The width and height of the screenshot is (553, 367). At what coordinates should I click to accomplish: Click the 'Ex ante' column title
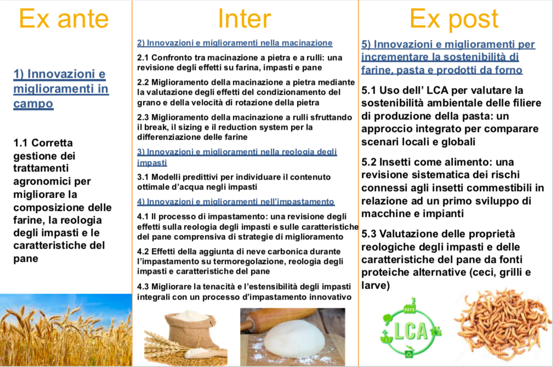(64, 18)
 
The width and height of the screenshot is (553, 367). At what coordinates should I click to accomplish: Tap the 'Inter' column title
(244, 18)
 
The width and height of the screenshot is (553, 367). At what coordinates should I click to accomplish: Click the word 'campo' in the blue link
(33, 104)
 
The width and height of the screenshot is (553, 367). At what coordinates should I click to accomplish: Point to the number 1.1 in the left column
(21, 143)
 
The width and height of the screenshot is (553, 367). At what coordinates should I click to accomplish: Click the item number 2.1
(143, 58)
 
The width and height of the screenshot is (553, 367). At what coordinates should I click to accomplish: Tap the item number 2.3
(143, 117)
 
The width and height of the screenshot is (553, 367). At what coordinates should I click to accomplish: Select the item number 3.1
(143, 177)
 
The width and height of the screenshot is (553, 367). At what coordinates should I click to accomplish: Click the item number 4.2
(143, 251)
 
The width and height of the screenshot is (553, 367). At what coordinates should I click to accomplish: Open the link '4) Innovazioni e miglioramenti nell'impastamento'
(236, 202)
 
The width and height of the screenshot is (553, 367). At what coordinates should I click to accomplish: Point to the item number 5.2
(369, 162)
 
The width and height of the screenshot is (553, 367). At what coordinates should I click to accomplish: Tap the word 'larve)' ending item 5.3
(375, 285)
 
